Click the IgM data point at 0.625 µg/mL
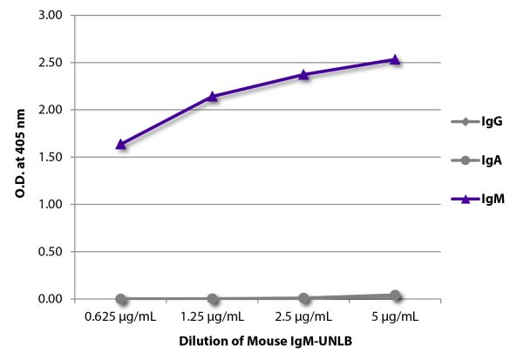(x=120, y=144)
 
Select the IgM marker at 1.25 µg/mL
(x=212, y=96)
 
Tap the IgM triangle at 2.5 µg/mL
(x=303, y=74)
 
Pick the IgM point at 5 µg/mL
(x=395, y=59)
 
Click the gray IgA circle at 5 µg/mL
(x=395, y=295)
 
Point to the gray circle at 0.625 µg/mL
(x=120, y=298)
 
